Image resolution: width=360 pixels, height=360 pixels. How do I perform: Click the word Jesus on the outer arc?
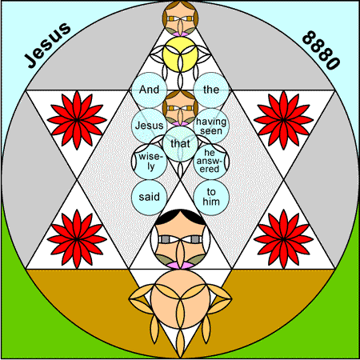point(48,45)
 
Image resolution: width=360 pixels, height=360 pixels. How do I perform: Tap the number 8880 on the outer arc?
point(321,50)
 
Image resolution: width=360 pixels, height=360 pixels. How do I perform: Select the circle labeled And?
point(150,90)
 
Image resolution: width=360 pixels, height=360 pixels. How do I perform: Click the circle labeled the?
point(211,90)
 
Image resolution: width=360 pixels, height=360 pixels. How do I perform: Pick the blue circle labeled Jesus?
point(150,126)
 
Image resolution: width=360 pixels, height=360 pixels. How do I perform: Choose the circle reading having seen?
point(211,126)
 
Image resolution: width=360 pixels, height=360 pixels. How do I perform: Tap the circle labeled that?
point(180,144)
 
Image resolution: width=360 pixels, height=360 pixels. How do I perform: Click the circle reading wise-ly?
point(150,162)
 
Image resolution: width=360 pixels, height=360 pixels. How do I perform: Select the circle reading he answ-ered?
point(211,162)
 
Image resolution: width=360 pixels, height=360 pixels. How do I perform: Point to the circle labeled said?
point(150,198)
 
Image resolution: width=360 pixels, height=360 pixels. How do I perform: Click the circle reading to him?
point(211,198)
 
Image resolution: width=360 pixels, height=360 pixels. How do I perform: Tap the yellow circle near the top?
point(180,54)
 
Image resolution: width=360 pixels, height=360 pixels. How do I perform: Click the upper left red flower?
point(77,120)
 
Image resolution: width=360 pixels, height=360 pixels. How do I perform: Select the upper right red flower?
point(283,120)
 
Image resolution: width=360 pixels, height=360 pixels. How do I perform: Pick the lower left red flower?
point(77,239)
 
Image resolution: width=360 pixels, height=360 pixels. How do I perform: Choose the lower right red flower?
point(283,239)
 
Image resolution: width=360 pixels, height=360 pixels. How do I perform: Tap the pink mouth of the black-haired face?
point(180,266)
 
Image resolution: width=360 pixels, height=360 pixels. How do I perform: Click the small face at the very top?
point(180,18)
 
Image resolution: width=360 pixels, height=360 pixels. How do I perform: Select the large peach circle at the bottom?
point(180,299)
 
